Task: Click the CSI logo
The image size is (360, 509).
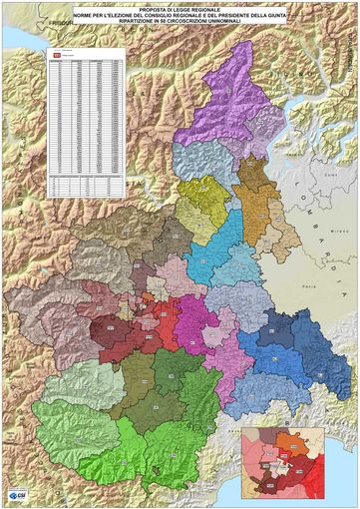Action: click(x=17, y=496)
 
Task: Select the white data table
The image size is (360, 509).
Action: click(x=86, y=120)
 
